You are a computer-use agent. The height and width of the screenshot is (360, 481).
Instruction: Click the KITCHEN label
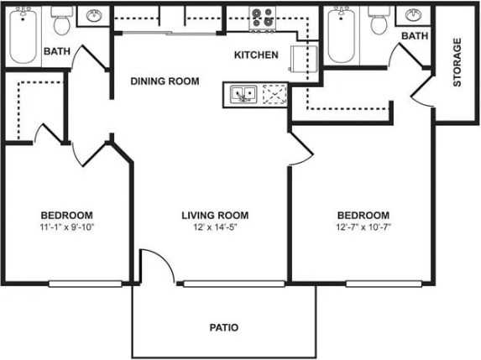pos(256,55)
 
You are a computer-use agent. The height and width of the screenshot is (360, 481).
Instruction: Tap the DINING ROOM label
pos(165,81)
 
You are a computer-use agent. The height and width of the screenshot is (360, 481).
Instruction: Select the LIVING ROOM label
pos(216,215)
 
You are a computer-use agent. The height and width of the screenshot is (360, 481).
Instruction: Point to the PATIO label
pos(224,327)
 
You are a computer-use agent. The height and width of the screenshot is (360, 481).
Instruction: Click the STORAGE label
pos(457,63)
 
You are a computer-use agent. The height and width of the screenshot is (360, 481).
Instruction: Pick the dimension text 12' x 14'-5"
pos(216,227)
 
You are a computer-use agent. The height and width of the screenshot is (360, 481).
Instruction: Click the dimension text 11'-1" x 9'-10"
pos(66,227)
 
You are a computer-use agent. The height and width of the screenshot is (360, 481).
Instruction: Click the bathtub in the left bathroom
pos(23,35)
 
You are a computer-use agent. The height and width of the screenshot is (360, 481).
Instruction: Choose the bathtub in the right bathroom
pos(342,35)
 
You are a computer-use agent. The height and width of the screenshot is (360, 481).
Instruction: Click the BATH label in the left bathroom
pos(56,51)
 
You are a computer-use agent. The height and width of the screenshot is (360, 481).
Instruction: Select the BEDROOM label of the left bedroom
pos(66,215)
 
